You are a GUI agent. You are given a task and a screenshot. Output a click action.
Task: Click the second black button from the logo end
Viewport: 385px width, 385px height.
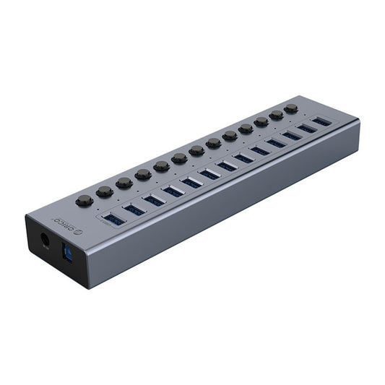tap(105, 191)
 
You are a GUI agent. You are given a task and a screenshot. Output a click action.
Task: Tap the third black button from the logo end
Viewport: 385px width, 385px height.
tap(124, 183)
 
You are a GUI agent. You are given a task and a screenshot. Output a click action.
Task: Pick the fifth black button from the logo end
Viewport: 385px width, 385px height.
tap(161, 166)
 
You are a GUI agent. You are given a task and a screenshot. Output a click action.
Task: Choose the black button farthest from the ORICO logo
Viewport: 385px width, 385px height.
tap(291, 108)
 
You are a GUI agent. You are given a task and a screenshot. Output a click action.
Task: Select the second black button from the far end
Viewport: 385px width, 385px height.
tap(276, 115)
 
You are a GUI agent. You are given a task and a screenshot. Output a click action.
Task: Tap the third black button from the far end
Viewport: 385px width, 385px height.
tap(261, 121)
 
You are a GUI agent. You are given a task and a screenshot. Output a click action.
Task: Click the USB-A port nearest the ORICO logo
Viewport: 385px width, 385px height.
tap(114, 218)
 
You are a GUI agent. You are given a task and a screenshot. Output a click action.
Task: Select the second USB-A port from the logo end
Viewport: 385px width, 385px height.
tap(134, 209)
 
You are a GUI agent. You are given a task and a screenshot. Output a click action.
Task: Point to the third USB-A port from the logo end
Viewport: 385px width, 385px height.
tap(154, 200)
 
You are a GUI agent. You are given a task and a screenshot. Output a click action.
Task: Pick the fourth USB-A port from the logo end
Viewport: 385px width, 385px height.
tap(173, 191)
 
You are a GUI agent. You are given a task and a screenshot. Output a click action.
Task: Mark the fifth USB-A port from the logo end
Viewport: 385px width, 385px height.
tap(192, 183)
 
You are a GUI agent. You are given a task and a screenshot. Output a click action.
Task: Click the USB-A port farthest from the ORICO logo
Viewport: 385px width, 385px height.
tap(321, 122)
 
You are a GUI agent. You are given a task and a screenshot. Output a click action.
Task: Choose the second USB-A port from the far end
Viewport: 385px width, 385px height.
tap(307, 129)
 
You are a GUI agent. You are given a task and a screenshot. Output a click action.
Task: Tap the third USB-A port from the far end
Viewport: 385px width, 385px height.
tap(292, 136)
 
